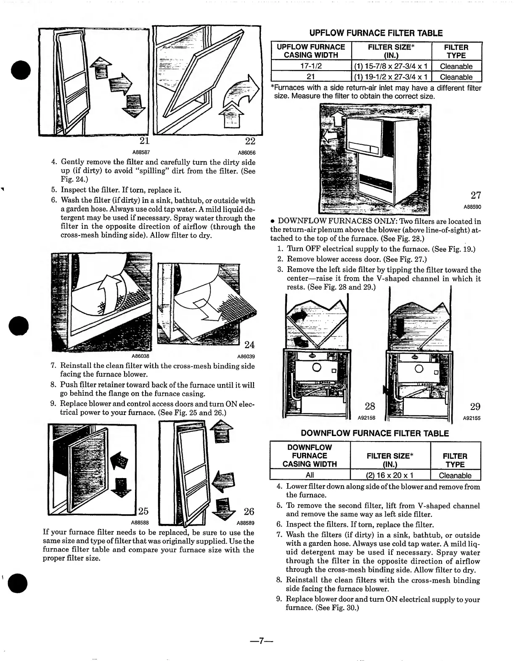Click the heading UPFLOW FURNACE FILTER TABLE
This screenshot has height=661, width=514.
pos(376,33)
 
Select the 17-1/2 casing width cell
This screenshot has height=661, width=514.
pos(310,66)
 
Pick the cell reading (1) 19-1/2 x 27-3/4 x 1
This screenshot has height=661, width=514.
pos(391,77)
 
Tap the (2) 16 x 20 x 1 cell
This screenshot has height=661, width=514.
pos(390,476)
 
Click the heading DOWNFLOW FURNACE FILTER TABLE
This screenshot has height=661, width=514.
pos(375,433)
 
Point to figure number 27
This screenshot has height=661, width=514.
pos(475,195)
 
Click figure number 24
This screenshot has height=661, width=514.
pos(249,345)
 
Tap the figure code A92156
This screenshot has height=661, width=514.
pos(366,418)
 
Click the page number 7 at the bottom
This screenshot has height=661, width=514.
pos(261,641)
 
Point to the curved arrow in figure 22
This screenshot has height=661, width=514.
pos(240,90)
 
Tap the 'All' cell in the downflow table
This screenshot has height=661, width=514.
pos(310,476)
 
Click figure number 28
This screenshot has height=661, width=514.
pos(370,406)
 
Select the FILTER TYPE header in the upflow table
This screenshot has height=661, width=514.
pos(456,51)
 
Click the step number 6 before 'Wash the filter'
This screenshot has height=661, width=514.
pos(54,200)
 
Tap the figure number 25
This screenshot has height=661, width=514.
pos(143,511)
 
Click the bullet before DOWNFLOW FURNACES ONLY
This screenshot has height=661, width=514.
pos(273,222)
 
